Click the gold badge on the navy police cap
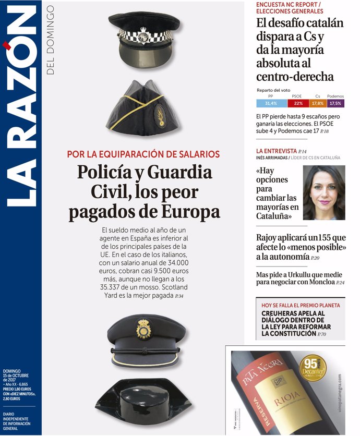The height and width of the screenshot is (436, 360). point(143,329)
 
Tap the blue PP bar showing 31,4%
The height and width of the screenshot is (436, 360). point(271,103)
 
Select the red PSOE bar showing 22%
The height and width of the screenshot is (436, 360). point(298,103)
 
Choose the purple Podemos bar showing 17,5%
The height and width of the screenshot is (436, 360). point(335,103)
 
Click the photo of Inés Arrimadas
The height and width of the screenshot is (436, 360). point(324,193)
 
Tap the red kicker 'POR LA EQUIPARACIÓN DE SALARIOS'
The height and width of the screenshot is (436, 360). point(143,154)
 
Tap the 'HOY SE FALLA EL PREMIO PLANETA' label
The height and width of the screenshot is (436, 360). point(301,305)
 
